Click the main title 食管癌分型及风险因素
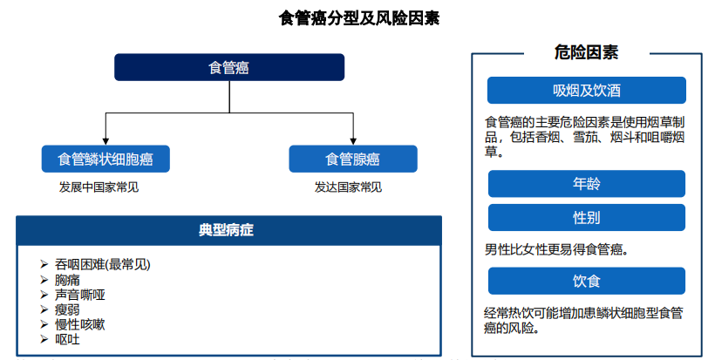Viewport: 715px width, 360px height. pos(359,18)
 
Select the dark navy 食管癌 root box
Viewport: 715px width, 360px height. pos(229,67)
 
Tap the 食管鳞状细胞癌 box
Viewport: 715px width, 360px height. pos(106,159)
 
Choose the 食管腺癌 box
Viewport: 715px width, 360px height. pos(353,159)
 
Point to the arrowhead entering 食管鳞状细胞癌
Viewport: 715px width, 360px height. pos(106,142)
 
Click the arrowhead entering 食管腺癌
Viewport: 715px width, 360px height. pos(353,142)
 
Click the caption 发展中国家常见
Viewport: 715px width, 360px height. pos(99,187)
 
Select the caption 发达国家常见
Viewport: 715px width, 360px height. pos(348,187)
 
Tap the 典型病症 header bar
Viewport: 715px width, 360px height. pos(229,231)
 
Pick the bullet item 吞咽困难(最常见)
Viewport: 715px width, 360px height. pos(103,264)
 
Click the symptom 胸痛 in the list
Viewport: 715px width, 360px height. pos(67,280)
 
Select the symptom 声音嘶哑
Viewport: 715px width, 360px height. pos(80,295)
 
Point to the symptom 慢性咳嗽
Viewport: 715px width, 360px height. pos(80,324)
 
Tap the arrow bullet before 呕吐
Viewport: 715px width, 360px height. pos(44,339)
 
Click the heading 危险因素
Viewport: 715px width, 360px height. pos(587,52)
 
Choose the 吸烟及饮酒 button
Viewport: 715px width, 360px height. pos(587,91)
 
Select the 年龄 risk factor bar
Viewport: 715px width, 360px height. pos(587,184)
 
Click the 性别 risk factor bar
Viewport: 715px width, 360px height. pos(587,217)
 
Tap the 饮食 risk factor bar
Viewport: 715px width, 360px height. pos(587,281)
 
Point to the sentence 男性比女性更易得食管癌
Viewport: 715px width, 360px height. pos(556,249)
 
